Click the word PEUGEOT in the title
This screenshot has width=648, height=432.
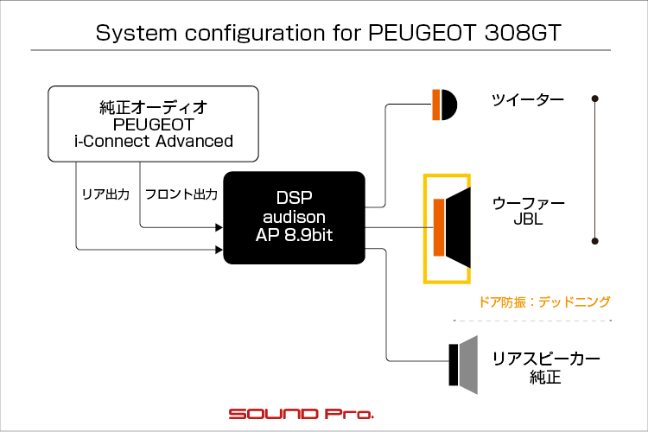point(422,32)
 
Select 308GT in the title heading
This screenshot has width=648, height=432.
point(523,32)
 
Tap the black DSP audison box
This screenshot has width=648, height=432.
point(295,218)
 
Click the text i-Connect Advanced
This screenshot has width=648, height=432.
point(153,142)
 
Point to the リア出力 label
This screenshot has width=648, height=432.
point(105,194)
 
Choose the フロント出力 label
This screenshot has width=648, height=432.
point(181,194)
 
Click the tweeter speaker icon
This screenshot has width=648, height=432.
point(445,105)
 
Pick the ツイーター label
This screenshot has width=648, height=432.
point(528,100)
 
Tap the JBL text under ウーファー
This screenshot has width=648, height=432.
point(528,219)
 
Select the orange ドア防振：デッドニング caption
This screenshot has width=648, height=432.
point(544,302)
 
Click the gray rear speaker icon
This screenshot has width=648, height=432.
point(463,365)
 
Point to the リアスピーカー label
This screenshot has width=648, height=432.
point(546,359)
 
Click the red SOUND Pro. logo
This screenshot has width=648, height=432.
point(302,414)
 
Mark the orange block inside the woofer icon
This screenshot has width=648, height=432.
point(439,227)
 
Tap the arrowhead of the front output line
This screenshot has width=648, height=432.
point(219,227)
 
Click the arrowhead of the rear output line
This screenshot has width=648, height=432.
point(219,250)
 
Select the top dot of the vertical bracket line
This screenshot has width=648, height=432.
point(595,98)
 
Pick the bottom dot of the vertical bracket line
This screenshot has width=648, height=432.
point(595,241)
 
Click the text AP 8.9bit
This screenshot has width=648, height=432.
point(295,235)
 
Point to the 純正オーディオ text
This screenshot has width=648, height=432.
point(153,107)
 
